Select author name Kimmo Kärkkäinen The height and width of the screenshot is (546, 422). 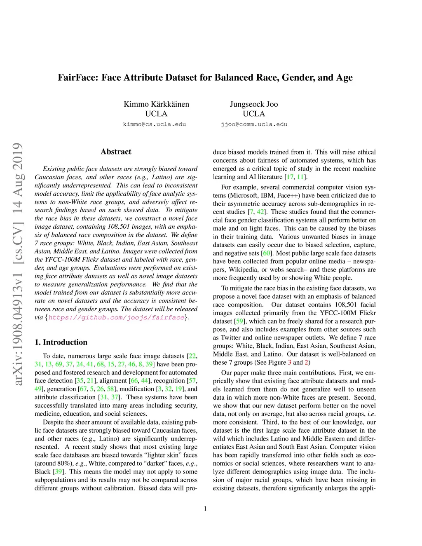pyautogui.click(x=156, y=104)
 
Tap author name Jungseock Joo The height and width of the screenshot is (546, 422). pyautogui.click(x=254, y=104)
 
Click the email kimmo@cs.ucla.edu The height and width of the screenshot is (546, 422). pyautogui.click(x=155, y=124)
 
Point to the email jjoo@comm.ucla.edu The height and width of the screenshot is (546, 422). pyautogui.click(x=254, y=124)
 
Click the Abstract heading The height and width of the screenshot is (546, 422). pyautogui.click(x=116, y=152)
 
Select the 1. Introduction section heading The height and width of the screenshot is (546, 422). pyautogui.click(x=61, y=342)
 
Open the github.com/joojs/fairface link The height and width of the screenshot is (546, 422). pyautogui.click(x=116, y=317)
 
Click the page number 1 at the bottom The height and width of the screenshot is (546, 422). pyautogui.click(x=205, y=509)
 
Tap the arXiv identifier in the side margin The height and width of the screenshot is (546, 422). pyautogui.click(x=17, y=264)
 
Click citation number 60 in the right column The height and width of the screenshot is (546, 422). pyautogui.click(x=267, y=253)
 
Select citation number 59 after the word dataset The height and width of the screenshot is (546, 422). pyautogui.click(x=239, y=321)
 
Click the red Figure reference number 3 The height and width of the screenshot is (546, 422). pyautogui.click(x=289, y=362)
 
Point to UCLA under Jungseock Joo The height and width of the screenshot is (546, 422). pyautogui.click(x=254, y=114)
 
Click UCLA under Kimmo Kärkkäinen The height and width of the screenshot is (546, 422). pyautogui.click(x=156, y=114)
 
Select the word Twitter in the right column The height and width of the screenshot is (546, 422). pyautogui.click(x=231, y=337)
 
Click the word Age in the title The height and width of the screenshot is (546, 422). pyautogui.click(x=344, y=77)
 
